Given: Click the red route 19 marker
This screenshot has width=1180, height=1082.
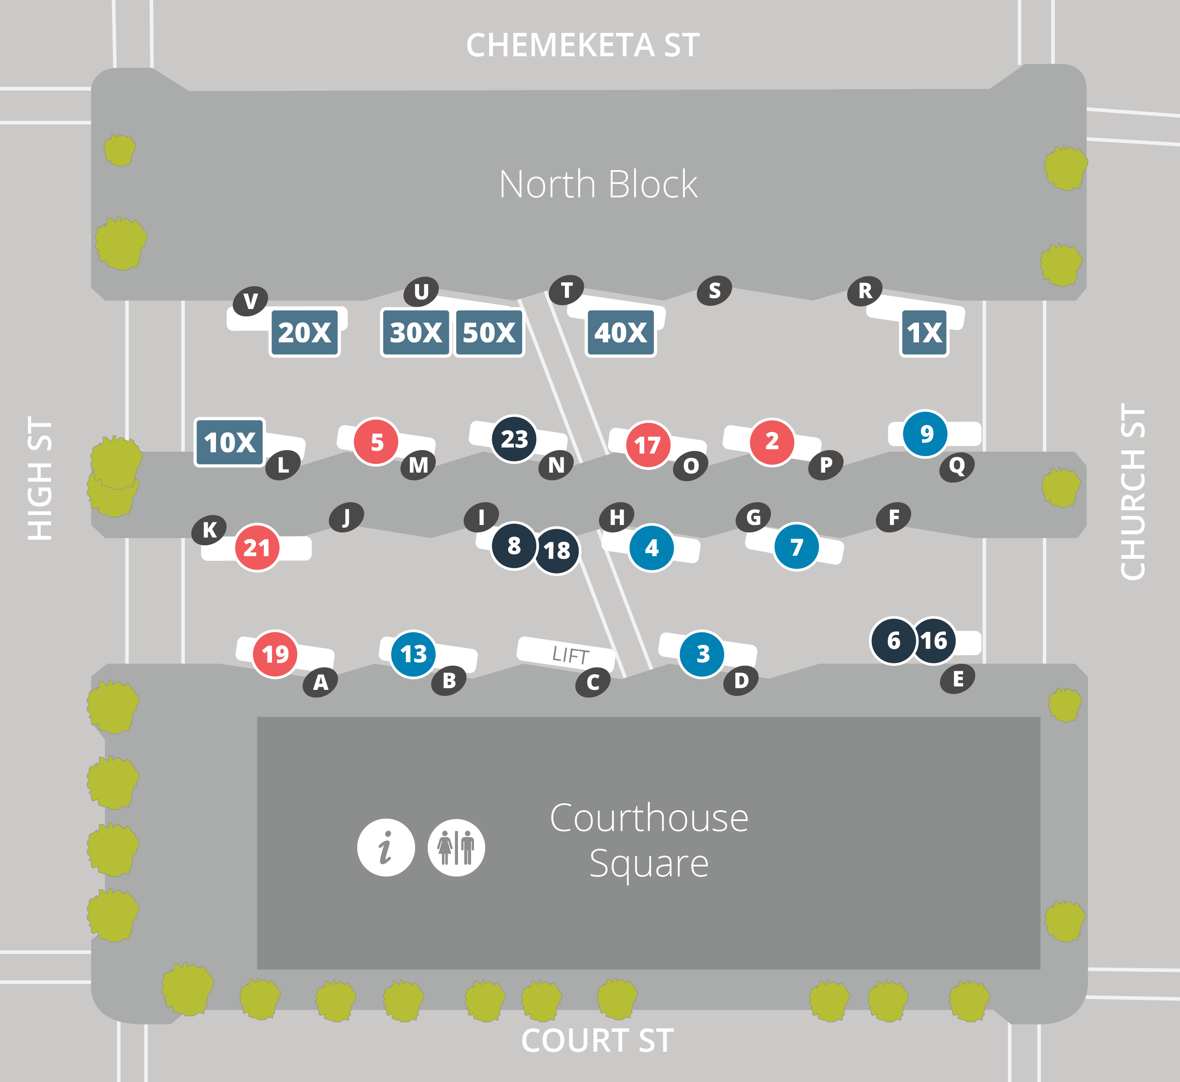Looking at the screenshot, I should click(x=274, y=654).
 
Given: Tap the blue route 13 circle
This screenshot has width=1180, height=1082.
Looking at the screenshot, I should click(x=413, y=654).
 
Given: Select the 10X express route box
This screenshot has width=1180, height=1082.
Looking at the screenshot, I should click(x=229, y=442).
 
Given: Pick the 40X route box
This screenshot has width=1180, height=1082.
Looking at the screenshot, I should click(x=621, y=332).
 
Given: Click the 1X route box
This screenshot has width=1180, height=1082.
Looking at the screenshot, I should click(x=924, y=332).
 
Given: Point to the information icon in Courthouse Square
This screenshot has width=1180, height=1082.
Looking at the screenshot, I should click(x=386, y=847).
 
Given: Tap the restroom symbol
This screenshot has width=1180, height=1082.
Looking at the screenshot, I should click(x=456, y=847).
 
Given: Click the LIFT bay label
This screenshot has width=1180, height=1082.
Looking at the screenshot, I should click(x=569, y=654).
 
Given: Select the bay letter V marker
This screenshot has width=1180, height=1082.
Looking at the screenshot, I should click(x=251, y=301).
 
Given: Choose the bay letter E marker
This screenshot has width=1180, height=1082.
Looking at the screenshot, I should click(x=958, y=679).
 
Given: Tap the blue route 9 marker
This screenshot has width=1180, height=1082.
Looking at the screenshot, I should click(x=926, y=433).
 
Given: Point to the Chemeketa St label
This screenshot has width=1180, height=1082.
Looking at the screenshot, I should click(x=583, y=45).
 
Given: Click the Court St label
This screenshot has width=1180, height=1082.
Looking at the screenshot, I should click(x=597, y=1040).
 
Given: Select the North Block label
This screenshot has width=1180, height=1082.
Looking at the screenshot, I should click(x=598, y=184).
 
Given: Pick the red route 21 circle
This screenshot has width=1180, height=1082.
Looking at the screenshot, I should click(x=257, y=547).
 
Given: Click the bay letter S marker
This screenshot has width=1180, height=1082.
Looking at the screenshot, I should click(x=714, y=290).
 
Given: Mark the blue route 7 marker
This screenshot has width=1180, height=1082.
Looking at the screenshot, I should click(x=796, y=547).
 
